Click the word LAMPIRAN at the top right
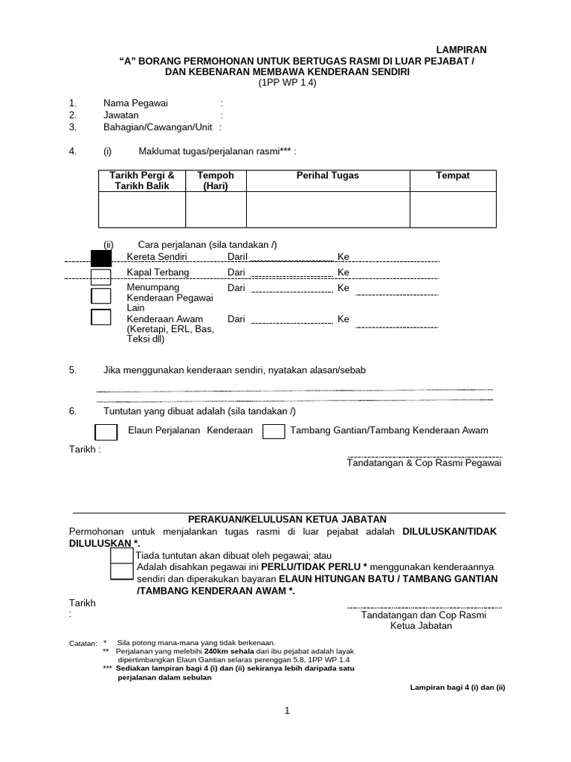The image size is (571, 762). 461,50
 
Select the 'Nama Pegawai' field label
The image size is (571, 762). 135,103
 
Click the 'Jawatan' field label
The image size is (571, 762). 121,115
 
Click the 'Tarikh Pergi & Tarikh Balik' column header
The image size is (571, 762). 142,180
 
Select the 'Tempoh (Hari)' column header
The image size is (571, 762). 216,180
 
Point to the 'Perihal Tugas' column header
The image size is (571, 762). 328,176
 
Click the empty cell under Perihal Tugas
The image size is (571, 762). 328,209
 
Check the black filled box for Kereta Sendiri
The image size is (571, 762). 100,258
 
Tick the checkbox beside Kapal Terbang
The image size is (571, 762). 100,277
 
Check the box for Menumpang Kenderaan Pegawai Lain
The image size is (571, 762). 100,295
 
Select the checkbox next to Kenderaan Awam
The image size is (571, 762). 100,318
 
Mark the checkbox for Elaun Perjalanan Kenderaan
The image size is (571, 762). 106,432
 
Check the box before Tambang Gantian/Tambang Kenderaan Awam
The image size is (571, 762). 274,432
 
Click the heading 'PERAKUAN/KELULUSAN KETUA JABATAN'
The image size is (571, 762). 287,519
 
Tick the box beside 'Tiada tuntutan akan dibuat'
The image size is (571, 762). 121,556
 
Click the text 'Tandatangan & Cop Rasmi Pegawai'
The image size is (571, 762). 425,463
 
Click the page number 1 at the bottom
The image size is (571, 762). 287,711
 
